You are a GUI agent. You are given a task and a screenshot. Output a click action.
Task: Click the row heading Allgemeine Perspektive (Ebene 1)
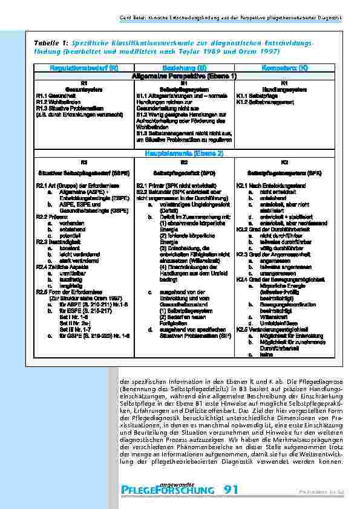(x=184, y=76)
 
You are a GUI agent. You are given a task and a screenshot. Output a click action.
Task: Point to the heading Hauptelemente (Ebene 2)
(x=184, y=155)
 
